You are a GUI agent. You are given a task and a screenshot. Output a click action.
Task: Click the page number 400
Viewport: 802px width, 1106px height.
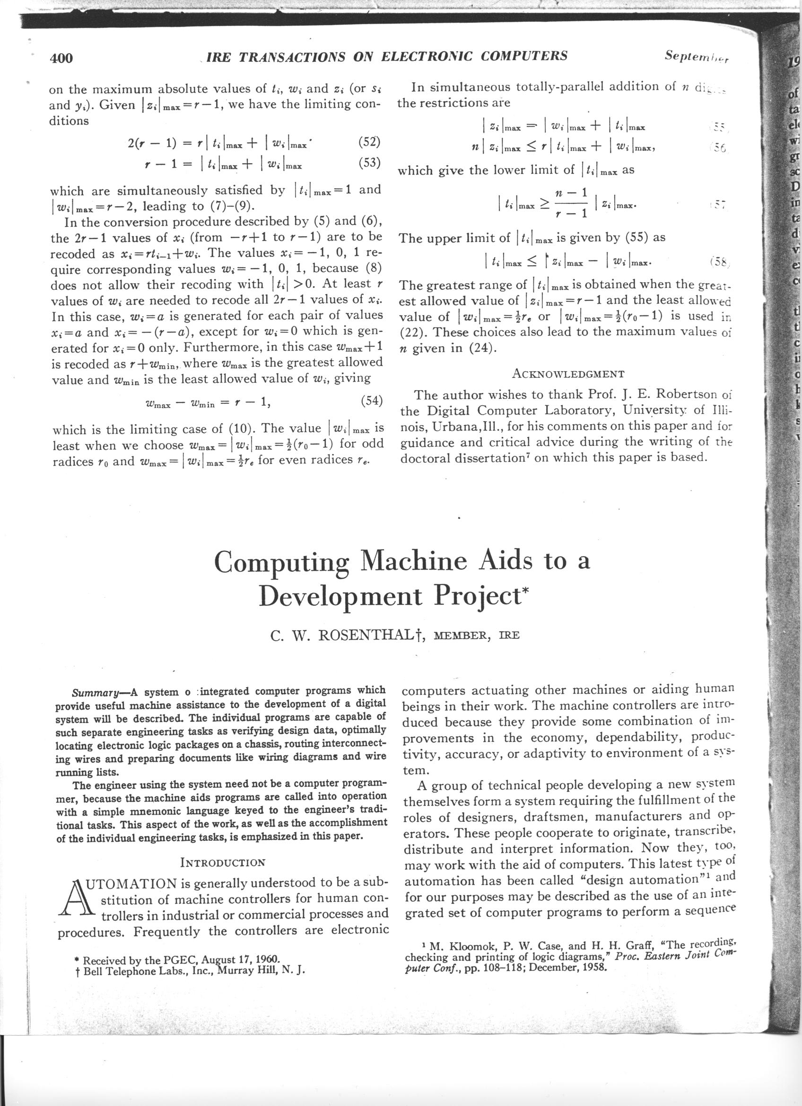coord(61,58)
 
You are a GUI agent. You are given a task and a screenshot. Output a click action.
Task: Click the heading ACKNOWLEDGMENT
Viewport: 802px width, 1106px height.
coord(568,374)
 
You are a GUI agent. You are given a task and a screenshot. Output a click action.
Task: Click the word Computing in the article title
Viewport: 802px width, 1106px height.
coord(282,562)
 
